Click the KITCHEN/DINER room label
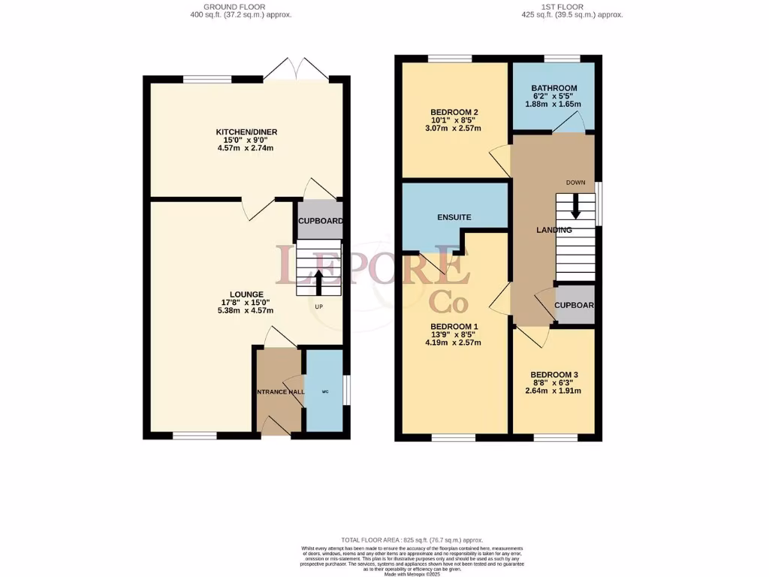click(x=247, y=132)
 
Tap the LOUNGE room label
click(x=246, y=294)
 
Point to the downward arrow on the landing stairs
click(x=575, y=207)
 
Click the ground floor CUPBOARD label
click(x=321, y=221)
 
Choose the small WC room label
click(x=324, y=391)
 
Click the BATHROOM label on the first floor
click(x=553, y=88)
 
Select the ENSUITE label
click(x=454, y=217)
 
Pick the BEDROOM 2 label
click(x=454, y=113)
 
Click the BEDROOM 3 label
click(x=553, y=374)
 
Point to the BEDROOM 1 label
click(x=454, y=326)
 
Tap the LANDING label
click(x=553, y=230)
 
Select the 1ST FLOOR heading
click(x=572, y=6)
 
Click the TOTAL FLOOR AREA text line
click(x=412, y=540)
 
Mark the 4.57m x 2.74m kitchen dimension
click(x=247, y=148)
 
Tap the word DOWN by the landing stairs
click(x=575, y=183)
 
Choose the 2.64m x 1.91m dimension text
click(x=553, y=391)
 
